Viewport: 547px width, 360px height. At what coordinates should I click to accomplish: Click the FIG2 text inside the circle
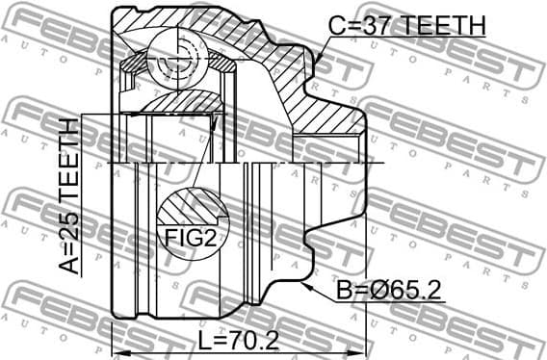tap(188, 238)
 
